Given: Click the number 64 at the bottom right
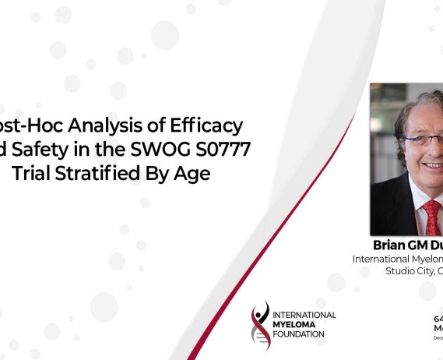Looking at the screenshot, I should tap(438, 319).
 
